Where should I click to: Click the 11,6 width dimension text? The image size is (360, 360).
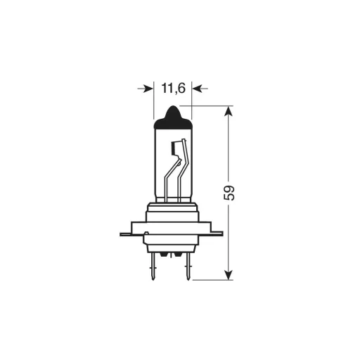(x=172, y=89)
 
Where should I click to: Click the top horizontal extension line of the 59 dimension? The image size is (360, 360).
(x=211, y=106)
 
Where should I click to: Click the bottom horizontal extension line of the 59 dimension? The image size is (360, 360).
(x=211, y=279)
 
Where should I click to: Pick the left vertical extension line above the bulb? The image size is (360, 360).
(x=153, y=102)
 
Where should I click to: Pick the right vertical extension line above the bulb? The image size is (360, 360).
(x=191, y=102)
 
